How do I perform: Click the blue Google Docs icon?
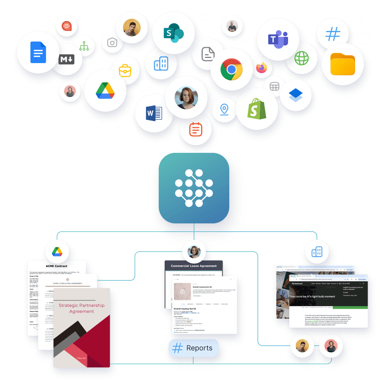pyautogui.click(x=38, y=52)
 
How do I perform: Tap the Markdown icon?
pyautogui.click(x=67, y=60)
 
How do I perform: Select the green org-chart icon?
pyautogui.click(x=84, y=46)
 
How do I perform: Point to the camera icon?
pyautogui.click(x=112, y=43)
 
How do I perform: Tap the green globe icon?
pyautogui.click(x=301, y=58)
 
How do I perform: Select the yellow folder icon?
pyautogui.click(x=343, y=64)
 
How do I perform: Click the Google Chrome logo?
pyautogui.click(x=231, y=69)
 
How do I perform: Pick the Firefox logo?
pyautogui.click(x=261, y=68)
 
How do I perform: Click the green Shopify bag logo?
pyautogui.click(x=257, y=108)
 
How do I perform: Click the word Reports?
pyautogui.click(x=199, y=348)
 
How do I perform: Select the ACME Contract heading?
pyautogui.click(x=56, y=266)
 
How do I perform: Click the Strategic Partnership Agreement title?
pyautogui.click(x=82, y=308)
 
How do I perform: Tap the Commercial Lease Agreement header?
pyautogui.click(x=194, y=266)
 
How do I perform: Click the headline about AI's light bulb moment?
pyautogui.click(x=312, y=296)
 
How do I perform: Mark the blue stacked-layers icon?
pyautogui.click(x=296, y=95)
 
